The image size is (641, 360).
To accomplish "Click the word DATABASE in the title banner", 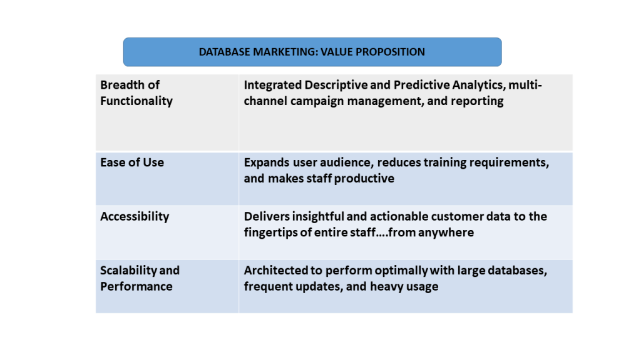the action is coord(224,52).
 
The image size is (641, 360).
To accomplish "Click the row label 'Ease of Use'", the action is coord(132,162).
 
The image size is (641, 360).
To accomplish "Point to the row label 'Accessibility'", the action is coord(135,216).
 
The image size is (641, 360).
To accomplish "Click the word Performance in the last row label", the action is coord(136,286).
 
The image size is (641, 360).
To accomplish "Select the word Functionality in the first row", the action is coord(136,101).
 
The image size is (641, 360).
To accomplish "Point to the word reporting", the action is coord(477,101).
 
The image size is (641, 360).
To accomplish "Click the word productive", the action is coord(364,179).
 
